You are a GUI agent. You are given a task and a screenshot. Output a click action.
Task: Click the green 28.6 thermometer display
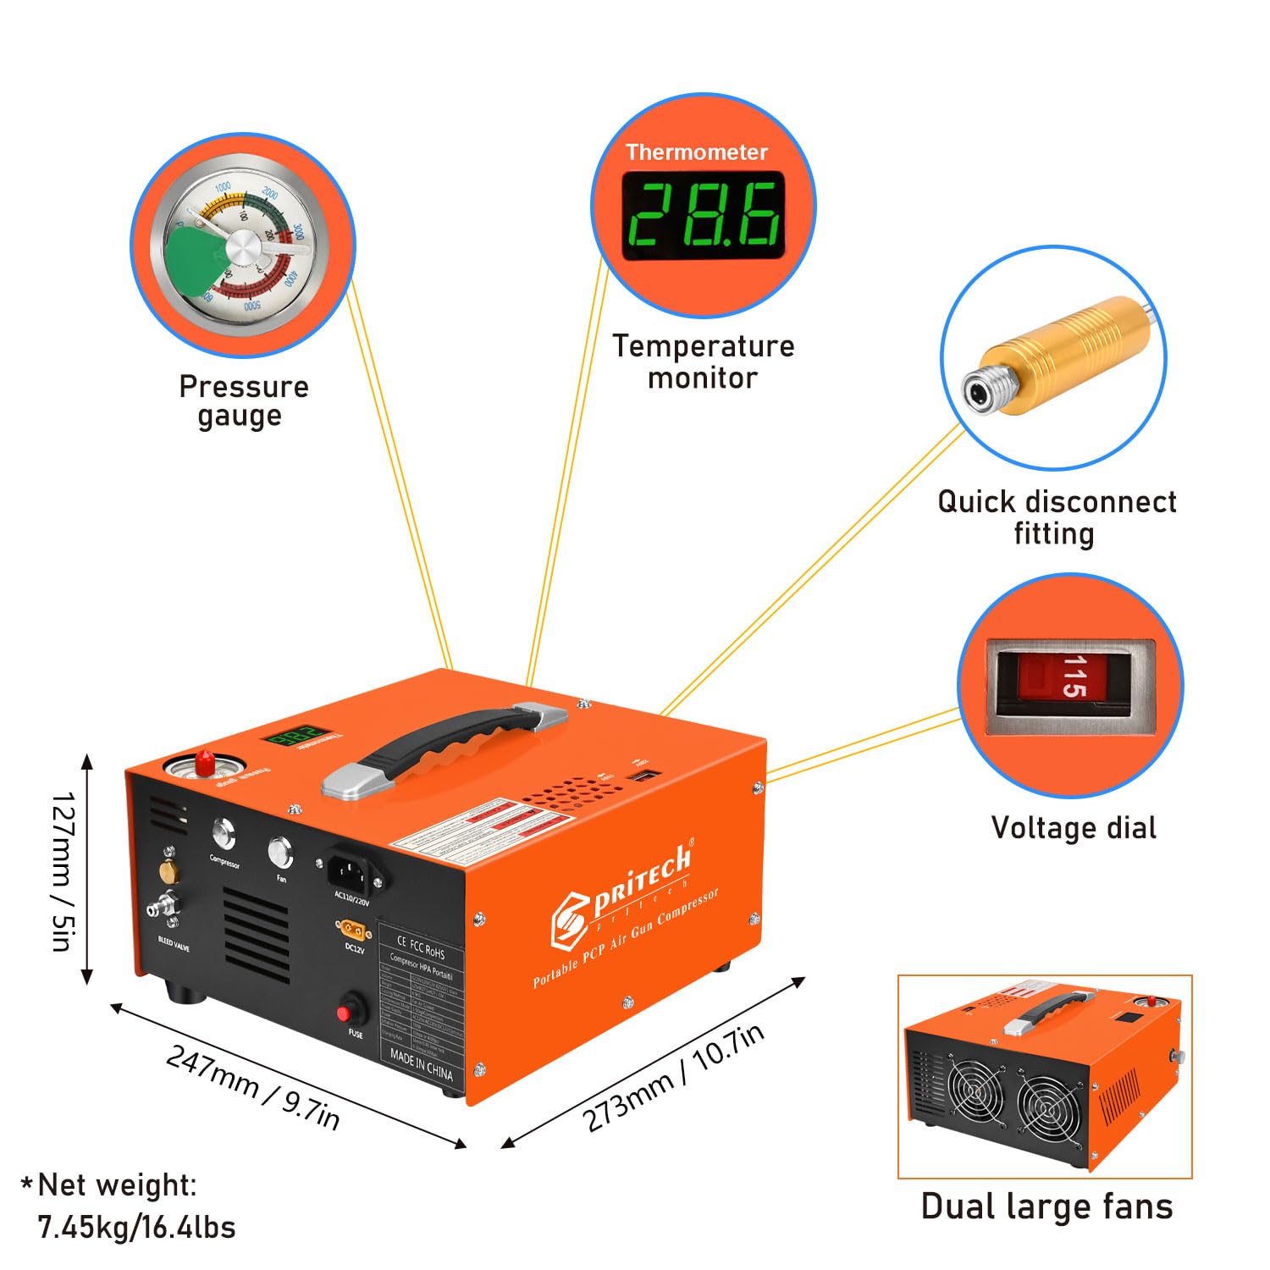click(703, 214)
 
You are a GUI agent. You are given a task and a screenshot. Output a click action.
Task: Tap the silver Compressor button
click(224, 835)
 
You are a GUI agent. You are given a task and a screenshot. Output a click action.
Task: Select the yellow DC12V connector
click(354, 930)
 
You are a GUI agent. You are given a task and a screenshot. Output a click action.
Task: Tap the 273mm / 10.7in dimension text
click(673, 1076)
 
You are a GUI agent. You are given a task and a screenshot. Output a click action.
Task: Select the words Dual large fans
click(1046, 1206)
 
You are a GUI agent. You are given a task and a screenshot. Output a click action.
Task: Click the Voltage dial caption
click(1073, 827)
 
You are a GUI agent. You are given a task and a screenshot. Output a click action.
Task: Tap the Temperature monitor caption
click(703, 362)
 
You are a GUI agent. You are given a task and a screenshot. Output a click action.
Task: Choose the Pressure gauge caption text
click(243, 401)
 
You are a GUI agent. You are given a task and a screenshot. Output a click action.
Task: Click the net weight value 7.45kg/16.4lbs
click(136, 1227)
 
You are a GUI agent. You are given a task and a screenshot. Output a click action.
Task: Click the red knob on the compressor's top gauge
click(204, 761)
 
